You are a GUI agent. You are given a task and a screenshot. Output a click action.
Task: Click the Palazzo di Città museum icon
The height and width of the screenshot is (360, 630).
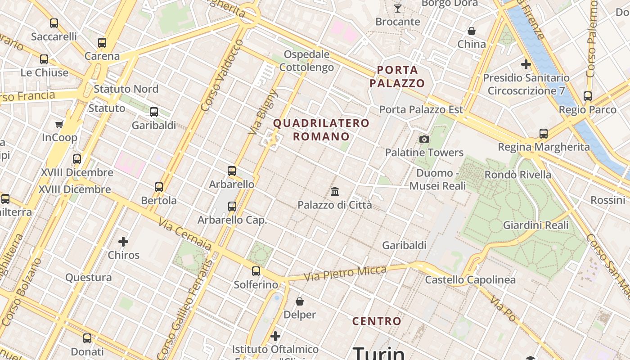(335, 192)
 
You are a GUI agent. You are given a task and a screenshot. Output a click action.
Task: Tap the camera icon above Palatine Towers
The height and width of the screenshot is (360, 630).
(424, 139)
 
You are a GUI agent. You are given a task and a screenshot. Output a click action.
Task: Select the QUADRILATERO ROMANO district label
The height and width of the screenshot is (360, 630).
(321, 130)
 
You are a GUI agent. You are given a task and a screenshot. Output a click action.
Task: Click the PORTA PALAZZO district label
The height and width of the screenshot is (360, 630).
(397, 76)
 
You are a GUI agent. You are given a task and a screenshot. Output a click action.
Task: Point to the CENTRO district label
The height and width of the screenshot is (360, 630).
(377, 321)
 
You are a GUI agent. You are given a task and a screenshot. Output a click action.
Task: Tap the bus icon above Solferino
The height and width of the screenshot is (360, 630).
(256, 271)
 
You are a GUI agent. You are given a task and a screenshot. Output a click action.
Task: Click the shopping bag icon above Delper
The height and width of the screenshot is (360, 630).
(300, 301)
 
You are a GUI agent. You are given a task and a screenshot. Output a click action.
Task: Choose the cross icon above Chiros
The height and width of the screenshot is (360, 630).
(123, 242)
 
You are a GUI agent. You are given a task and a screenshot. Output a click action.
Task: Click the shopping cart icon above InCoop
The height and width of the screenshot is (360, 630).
(59, 124)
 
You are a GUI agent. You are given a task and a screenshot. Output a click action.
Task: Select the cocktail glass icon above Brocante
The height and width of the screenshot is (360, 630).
(398, 8)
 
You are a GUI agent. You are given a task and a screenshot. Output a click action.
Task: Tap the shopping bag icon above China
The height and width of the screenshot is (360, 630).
(472, 31)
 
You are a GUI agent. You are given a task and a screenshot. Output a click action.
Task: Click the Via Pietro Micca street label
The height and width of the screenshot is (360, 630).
(345, 273)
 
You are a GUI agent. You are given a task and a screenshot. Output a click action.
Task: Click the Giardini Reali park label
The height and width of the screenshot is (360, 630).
(535, 225)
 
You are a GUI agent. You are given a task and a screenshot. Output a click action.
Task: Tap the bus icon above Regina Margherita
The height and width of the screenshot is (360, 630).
(544, 133)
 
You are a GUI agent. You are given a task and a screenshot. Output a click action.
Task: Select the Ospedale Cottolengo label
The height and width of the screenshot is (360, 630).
(306, 61)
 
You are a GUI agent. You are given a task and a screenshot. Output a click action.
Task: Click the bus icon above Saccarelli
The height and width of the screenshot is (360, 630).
(54, 23)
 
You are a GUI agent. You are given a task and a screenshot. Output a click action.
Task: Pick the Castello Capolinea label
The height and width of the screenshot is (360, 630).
(470, 280)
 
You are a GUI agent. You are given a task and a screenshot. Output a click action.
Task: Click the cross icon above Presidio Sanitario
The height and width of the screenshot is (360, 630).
(526, 64)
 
